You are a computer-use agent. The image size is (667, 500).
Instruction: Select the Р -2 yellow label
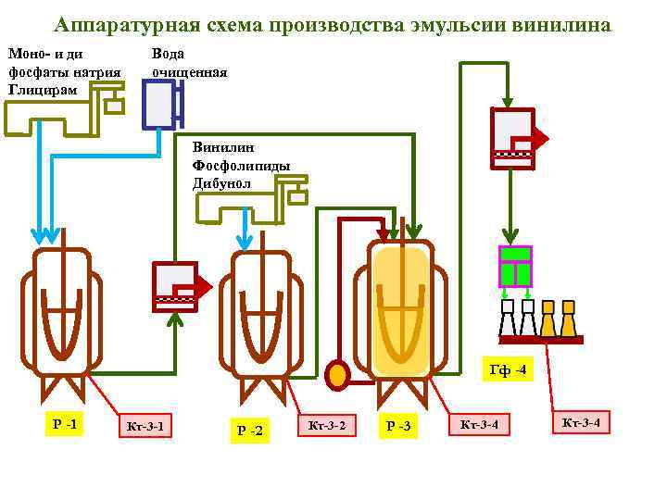pos(249,430)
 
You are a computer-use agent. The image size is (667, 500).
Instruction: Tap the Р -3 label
pos(399,426)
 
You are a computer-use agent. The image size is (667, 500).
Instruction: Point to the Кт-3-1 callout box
pos(145,426)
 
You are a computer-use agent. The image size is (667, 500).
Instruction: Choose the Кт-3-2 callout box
pos(326,425)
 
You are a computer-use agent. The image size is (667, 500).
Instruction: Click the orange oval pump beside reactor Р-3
pos(338,373)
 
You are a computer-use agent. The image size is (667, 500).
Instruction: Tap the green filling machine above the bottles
pos(515,267)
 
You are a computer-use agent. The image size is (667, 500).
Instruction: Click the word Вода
pos(169,55)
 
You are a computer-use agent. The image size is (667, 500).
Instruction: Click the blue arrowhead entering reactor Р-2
pos(244,243)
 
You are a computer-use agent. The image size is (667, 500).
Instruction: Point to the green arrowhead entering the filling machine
pos(508,236)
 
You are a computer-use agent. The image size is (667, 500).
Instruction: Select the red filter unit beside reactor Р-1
pos(175,286)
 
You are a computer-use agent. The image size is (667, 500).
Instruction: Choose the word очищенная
pos(189,71)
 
